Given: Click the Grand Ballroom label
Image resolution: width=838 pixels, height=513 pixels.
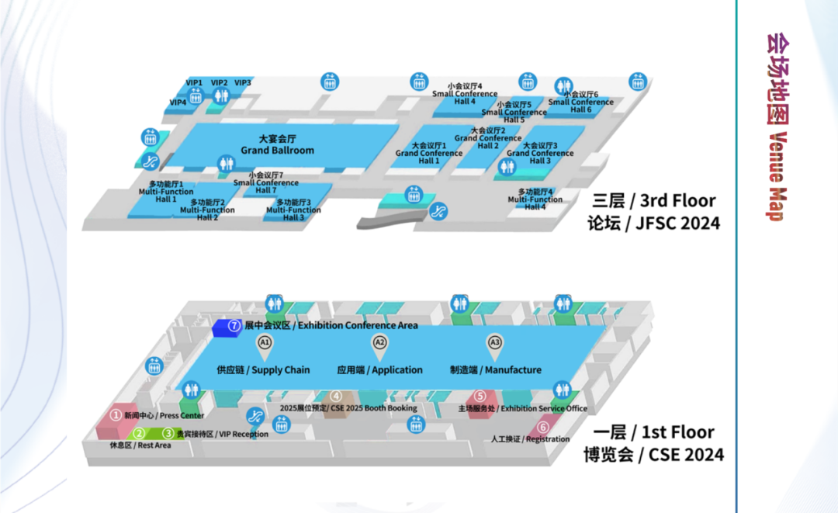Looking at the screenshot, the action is (277, 145).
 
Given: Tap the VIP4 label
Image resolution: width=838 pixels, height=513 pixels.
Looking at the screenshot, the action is (178, 102).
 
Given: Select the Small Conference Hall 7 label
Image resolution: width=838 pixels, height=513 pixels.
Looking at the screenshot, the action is (265, 182).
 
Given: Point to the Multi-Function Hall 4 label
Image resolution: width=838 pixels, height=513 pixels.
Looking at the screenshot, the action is (535, 199).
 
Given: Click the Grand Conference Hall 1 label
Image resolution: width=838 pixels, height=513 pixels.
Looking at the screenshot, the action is (429, 153).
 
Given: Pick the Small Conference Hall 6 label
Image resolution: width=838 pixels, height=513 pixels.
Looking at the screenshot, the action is (581, 102).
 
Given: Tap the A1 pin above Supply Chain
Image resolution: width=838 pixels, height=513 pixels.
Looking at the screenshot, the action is (265, 346).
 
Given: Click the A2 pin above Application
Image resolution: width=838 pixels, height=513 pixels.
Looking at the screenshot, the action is (379, 346).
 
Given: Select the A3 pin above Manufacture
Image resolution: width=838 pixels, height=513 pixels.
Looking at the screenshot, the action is (495, 346).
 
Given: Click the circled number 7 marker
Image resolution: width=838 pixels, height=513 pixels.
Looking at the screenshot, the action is (234, 325).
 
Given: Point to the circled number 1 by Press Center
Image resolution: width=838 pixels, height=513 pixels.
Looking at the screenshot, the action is (116, 414).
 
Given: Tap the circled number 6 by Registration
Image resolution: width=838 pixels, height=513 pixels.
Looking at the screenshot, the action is (543, 427).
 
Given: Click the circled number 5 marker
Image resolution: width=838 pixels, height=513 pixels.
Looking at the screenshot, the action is (480, 396).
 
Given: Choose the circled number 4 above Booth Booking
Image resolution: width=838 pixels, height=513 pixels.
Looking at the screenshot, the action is (336, 396).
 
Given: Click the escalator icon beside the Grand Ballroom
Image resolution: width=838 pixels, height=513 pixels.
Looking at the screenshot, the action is (151, 161).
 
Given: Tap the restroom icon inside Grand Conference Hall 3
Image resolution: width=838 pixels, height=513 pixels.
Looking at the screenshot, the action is (507, 168).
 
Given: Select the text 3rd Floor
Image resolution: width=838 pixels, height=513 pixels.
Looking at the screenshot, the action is (677, 200).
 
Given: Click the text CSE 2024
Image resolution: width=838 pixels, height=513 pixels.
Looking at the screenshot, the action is (686, 455).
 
